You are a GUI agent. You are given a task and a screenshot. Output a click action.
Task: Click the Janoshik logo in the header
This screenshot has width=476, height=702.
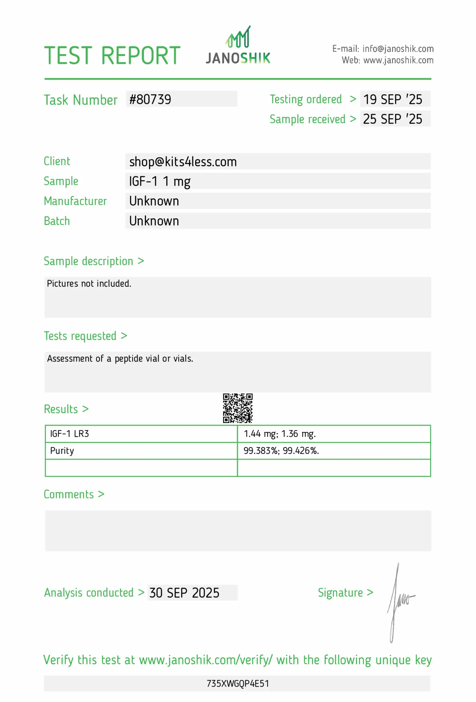click(238, 46)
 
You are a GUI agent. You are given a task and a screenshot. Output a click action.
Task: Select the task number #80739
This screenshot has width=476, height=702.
click(150, 99)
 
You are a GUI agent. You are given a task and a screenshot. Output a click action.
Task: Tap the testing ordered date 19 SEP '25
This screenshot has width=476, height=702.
click(393, 99)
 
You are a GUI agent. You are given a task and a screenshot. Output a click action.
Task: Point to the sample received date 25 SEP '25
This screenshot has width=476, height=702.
click(393, 119)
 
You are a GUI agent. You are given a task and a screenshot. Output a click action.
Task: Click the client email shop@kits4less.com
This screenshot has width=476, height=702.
click(183, 162)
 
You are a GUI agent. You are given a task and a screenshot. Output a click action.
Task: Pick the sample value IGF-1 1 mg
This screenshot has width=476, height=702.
click(159, 181)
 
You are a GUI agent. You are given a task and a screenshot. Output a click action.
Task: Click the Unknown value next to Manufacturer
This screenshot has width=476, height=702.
click(154, 201)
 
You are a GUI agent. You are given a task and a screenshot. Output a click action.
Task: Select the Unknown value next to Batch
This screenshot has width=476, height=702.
click(154, 221)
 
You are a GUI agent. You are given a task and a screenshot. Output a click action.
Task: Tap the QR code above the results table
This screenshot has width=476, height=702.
click(238, 408)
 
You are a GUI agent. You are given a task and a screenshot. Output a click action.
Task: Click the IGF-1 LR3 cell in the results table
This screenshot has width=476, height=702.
click(70, 434)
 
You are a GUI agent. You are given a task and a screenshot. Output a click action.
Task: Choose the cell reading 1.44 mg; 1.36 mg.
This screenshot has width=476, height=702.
click(279, 434)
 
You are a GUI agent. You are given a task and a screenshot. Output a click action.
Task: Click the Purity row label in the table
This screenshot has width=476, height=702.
click(62, 451)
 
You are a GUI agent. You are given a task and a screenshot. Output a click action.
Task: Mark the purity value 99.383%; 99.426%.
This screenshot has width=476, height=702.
click(281, 451)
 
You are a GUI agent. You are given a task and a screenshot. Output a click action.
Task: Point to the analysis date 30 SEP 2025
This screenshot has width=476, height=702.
click(184, 593)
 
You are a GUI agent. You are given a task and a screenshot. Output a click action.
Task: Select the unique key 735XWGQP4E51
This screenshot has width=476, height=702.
click(238, 684)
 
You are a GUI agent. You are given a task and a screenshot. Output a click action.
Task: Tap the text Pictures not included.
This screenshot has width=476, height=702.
click(89, 284)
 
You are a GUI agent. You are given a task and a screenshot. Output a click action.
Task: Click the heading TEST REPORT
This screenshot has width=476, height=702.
click(112, 56)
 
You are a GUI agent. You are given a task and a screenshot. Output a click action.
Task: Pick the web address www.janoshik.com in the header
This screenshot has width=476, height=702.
click(398, 61)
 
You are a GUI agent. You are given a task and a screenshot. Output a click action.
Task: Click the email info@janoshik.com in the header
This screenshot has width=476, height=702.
click(398, 49)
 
